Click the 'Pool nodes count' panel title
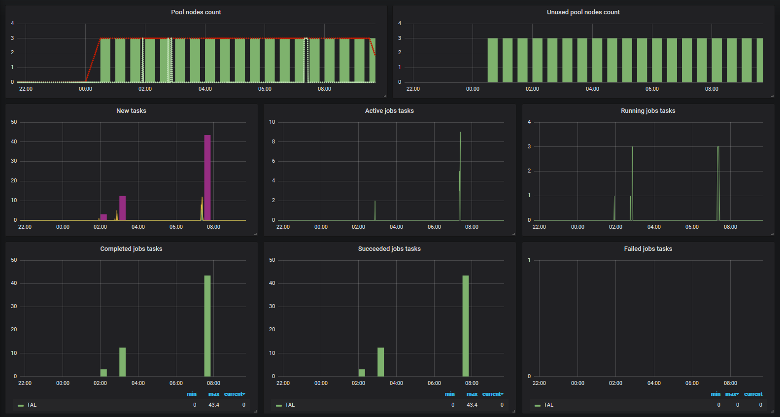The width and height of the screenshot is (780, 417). [x=196, y=12]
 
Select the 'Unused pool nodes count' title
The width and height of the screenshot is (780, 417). [x=583, y=12]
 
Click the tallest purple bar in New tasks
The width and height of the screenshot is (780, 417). [x=207, y=177]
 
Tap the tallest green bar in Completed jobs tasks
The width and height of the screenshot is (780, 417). [x=207, y=325]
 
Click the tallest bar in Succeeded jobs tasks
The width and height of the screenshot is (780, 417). [x=466, y=325]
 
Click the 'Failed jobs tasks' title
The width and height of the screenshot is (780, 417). [x=648, y=249]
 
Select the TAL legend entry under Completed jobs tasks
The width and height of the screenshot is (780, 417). [x=32, y=405]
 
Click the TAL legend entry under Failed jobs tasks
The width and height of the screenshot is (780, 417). [x=548, y=405]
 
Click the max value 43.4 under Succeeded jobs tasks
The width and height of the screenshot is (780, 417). [x=472, y=405]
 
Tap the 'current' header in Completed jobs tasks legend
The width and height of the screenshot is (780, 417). [x=234, y=394]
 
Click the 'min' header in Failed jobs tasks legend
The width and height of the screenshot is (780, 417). [x=715, y=394]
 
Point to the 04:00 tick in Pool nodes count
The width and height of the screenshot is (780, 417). [x=205, y=89]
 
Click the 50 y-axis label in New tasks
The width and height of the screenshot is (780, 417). [x=14, y=122]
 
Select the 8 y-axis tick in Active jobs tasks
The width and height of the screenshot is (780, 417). [x=273, y=141]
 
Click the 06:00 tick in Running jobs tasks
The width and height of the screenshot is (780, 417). [x=692, y=227]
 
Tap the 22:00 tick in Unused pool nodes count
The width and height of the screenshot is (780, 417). [x=413, y=89]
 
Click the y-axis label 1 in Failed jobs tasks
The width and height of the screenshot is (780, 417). [x=529, y=260]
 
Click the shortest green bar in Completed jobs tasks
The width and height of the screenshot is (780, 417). [x=103, y=373]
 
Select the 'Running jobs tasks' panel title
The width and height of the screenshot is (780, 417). [x=648, y=111]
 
